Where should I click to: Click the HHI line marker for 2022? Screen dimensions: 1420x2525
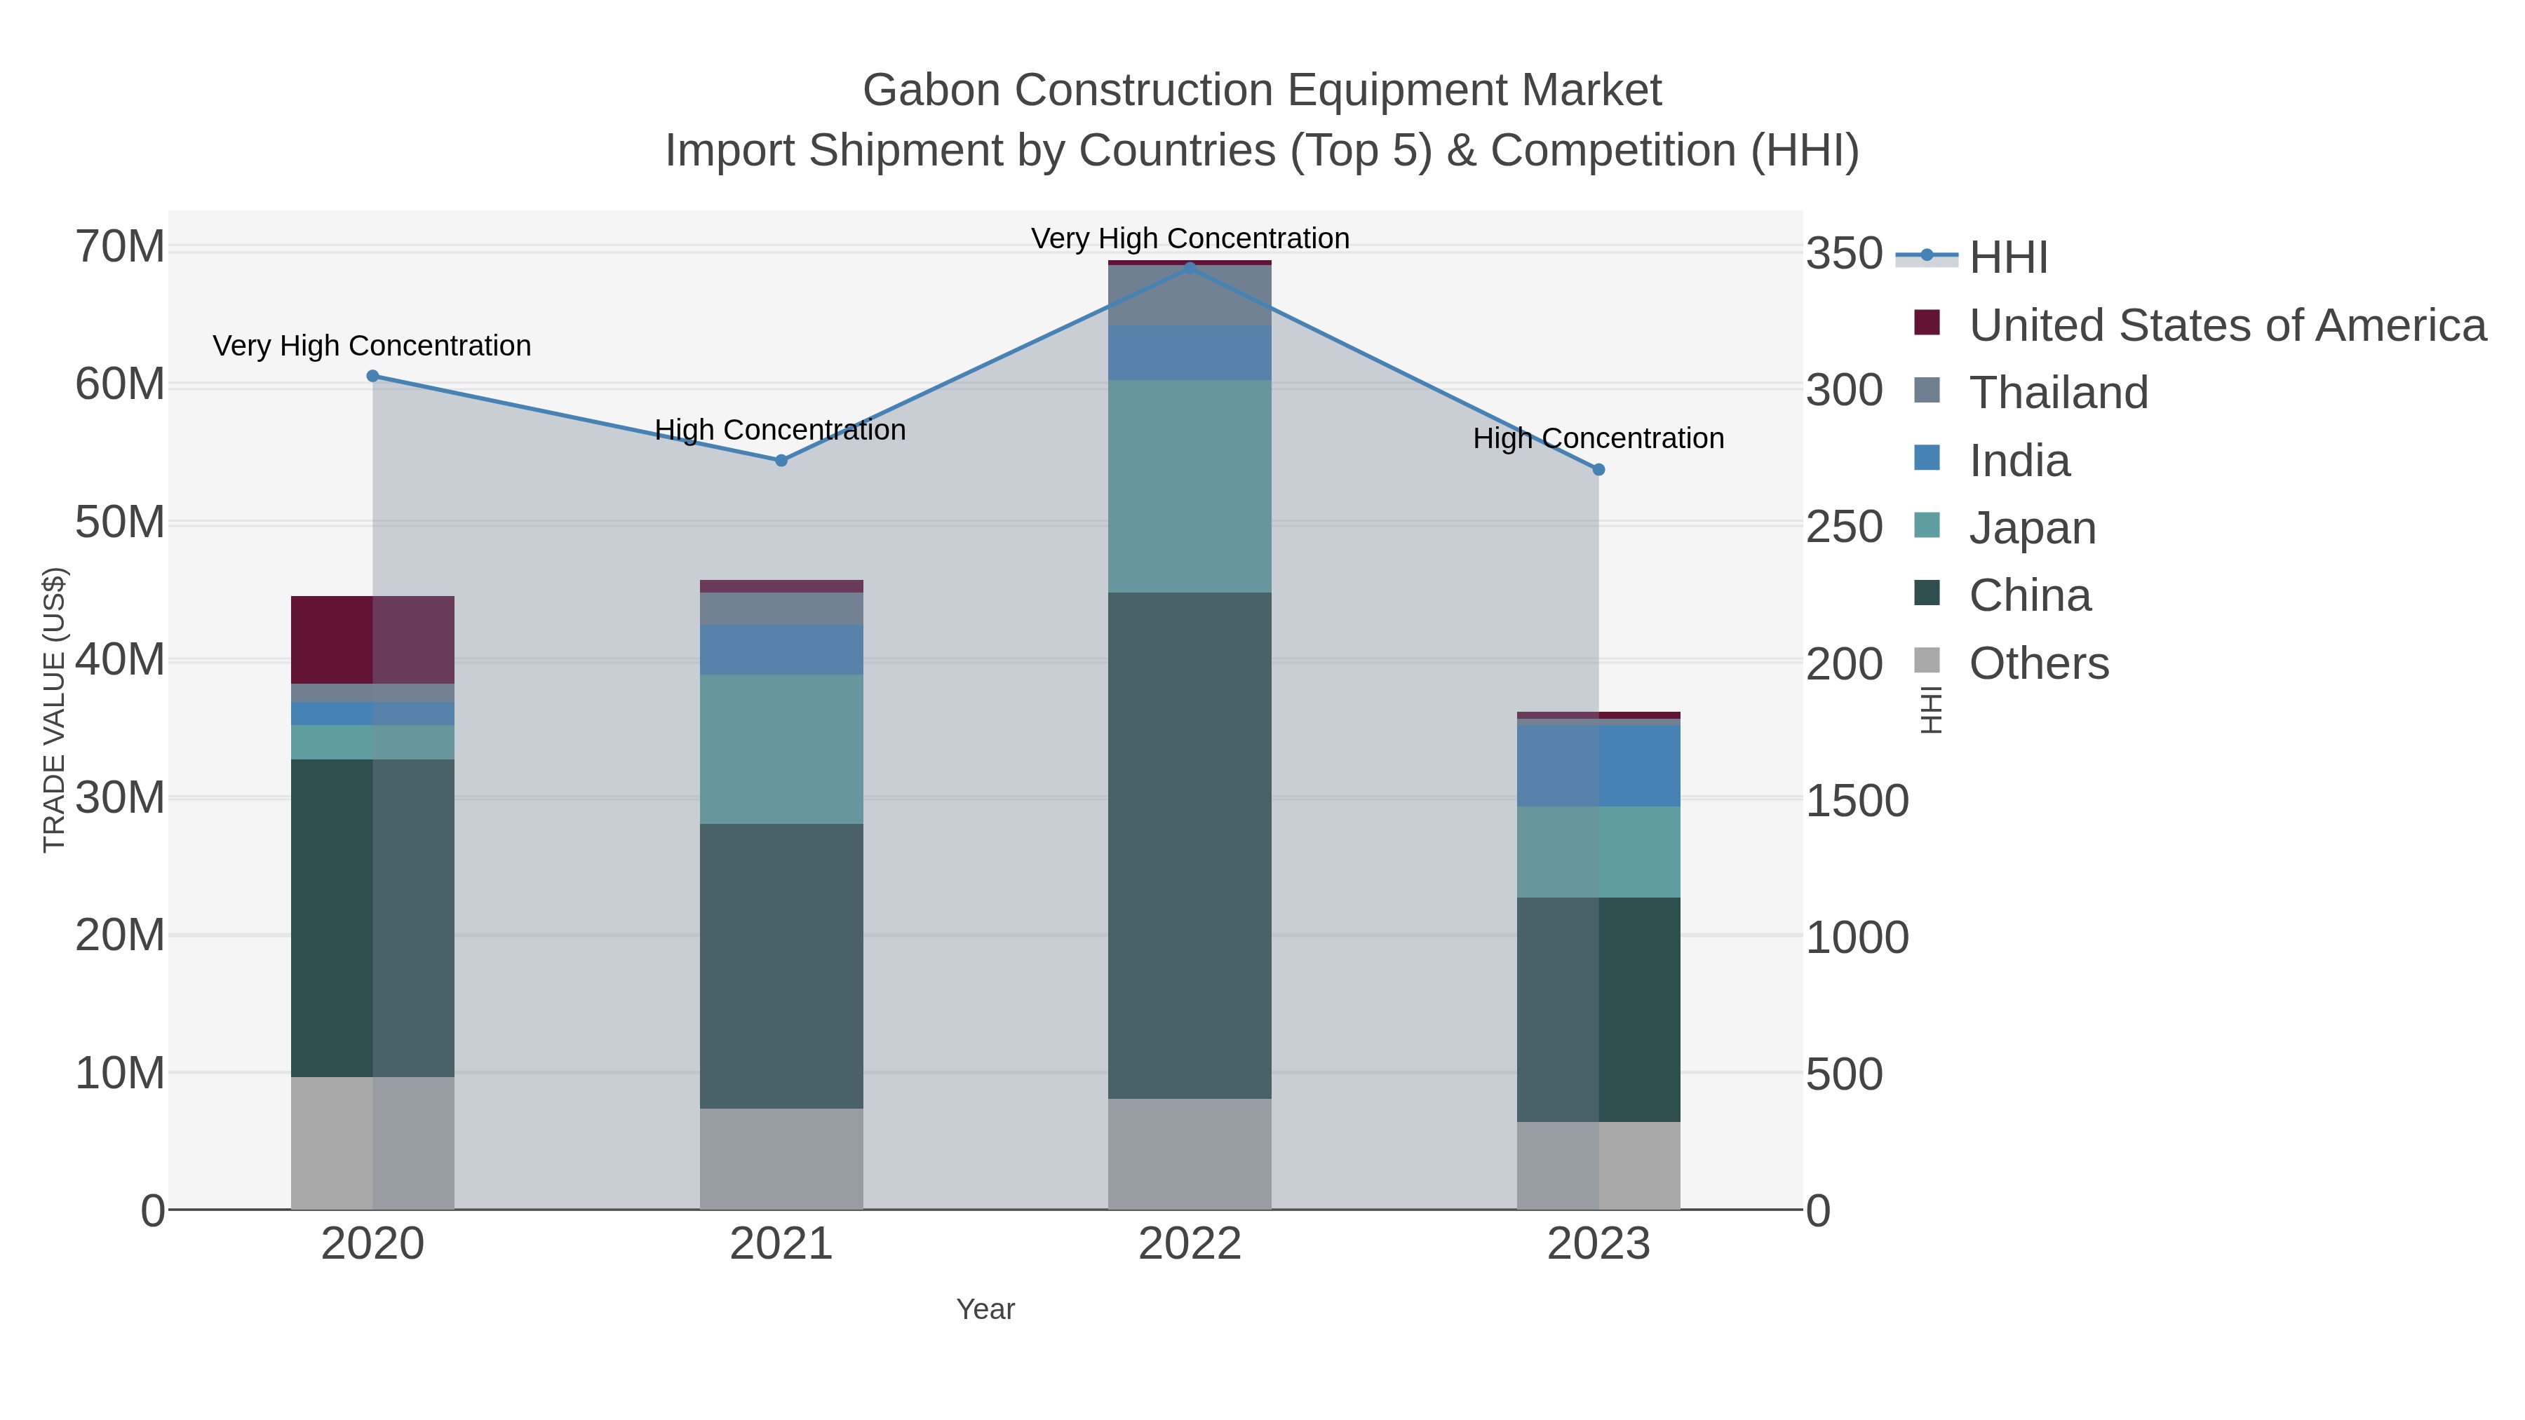pyautogui.click(x=1190, y=268)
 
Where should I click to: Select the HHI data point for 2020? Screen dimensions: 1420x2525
pyautogui.click(x=372, y=377)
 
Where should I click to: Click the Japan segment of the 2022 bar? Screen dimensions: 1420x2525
pyautogui.click(x=1190, y=486)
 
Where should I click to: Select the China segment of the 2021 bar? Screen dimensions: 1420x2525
pyautogui.click(x=781, y=966)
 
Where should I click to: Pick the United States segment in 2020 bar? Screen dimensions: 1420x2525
pyautogui.click(x=372, y=640)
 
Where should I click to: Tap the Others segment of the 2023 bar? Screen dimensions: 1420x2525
pyautogui.click(x=1598, y=1165)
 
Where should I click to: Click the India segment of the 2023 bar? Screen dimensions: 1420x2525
pyautogui.click(x=1598, y=765)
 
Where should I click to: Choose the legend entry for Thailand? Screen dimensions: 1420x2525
pyautogui.click(x=2059, y=393)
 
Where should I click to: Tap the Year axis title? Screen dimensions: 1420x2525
pyautogui.click(x=985, y=1309)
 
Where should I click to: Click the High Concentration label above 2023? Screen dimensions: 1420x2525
pyautogui.click(x=1598, y=439)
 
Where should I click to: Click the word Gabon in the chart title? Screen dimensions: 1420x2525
pyautogui.click(x=931, y=91)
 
